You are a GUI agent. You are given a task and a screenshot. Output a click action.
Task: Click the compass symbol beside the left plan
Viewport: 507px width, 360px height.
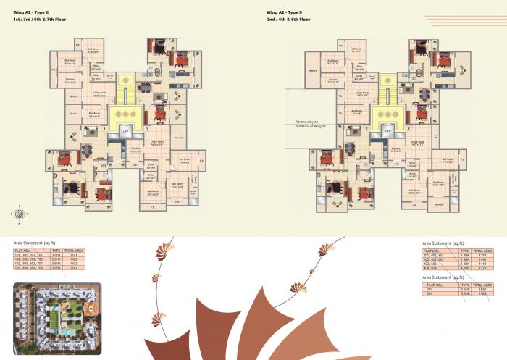(x=20, y=213)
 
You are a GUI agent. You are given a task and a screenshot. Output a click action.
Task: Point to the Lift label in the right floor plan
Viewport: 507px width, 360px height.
(x=387, y=131)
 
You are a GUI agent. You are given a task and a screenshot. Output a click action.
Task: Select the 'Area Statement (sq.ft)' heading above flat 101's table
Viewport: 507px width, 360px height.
(x=35, y=243)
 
